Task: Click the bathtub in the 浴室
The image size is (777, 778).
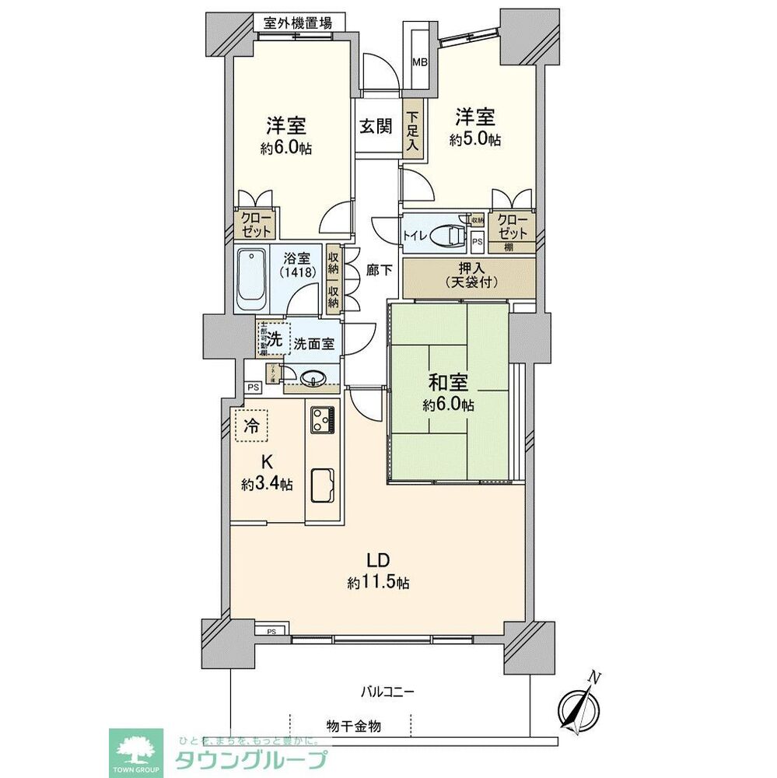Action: pyautogui.click(x=252, y=279)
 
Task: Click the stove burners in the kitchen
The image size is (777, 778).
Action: pyautogui.click(x=323, y=420)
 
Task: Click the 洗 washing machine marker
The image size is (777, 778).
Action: pyautogui.click(x=275, y=340)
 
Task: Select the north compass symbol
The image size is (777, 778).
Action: pyautogui.click(x=580, y=704)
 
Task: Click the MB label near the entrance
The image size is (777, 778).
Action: pyautogui.click(x=419, y=62)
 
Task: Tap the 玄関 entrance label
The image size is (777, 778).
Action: pyautogui.click(x=376, y=126)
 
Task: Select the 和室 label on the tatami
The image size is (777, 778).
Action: pyautogui.click(x=448, y=383)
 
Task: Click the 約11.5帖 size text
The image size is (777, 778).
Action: pyautogui.click(x=378, y=582)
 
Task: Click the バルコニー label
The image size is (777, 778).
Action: pyautogui.click(x=387, y=691)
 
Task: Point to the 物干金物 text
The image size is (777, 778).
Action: pyautogui.click(x=353, y=726)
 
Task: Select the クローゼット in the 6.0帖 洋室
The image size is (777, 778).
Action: pyautogui.click(x=254, y=225)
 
